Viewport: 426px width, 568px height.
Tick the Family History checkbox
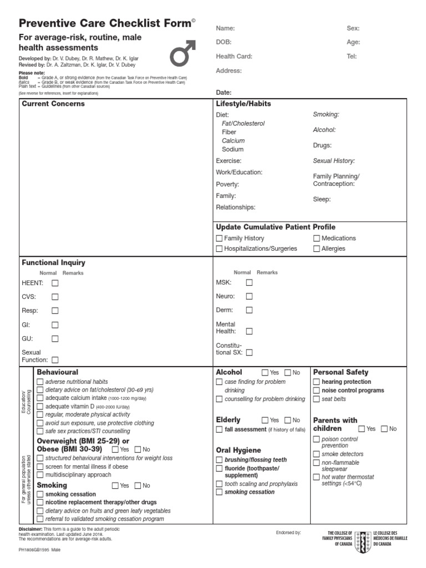tap(219, 238)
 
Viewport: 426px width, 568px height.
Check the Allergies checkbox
tap(317, 248)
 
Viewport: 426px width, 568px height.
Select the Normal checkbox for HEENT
tap(55, 283)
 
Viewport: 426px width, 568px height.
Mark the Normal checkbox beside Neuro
tap(249, 296)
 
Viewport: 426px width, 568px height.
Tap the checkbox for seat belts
tap(317, 399)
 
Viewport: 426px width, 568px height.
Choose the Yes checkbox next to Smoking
tap(115, 485)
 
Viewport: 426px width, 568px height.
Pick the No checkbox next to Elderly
tap(287, 420)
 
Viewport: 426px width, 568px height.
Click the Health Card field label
tap(234, 57)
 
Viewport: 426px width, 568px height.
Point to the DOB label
tap(224, 42)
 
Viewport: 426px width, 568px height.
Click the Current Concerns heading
tap(53, 104)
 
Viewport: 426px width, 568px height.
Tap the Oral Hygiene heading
tap(238, 450)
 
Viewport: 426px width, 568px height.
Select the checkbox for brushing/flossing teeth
tap(219, 460)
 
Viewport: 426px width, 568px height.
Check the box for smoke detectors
tap(317, 454)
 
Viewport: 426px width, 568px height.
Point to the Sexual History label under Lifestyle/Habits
tap(334, 161)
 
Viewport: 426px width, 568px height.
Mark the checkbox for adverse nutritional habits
tap(40, 382)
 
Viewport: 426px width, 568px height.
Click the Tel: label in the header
tap(352, 57)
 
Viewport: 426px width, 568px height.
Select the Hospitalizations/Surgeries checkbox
tap(219, 248)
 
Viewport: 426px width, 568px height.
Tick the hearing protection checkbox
tap(317, 382)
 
